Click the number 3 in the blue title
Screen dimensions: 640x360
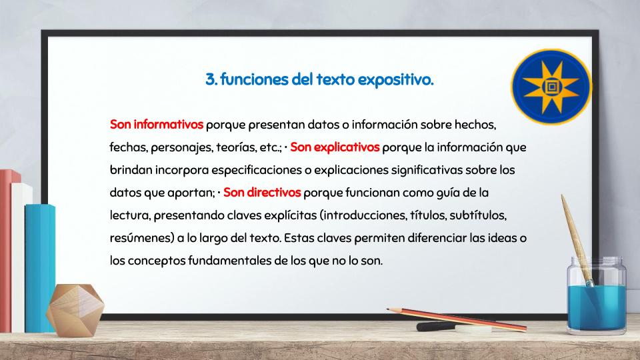click(x=211, y=79)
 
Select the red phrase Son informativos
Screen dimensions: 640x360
click(x=156, y=125)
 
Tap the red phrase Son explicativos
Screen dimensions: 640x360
click(x=335, y=147)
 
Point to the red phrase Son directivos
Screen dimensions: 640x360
click(x=262, y=192)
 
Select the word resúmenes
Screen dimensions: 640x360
click(x=142, y=238)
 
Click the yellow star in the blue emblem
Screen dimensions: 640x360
click(x=551, y=87)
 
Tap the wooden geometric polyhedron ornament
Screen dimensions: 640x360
click(x=75, y=310)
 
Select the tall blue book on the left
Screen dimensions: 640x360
click(x=40, y=268)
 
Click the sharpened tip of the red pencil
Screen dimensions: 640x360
click(x=388, y=309)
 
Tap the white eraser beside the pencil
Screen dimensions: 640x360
click(x=473, y=329)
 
